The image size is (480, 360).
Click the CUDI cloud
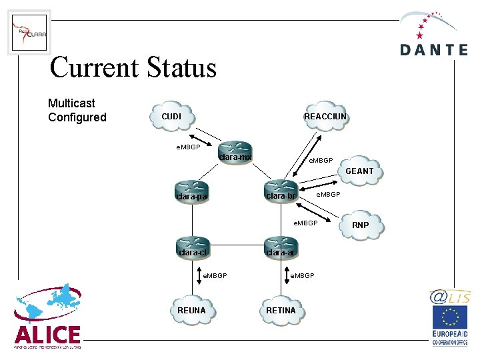[x=172, y=117]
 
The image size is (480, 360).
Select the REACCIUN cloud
[x=325, y=117]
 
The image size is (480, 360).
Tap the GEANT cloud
[x=360, y=171]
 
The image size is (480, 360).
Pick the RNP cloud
[x=360, y=225]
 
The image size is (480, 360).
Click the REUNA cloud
[x=192, y=311]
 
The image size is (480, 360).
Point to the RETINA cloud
[x=281, y=311]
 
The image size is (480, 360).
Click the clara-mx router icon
[x=235, y=151]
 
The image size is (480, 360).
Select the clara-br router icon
[x=281, y=189]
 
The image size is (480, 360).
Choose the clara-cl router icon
[x=193, y=246]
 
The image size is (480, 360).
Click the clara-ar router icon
[x=281, y=246]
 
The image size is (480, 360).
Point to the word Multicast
[x=71, y=103]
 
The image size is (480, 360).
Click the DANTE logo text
[x=434, y=49]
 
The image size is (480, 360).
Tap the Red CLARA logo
[x=29, y=32]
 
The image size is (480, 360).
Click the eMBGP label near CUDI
[x=188, y=147]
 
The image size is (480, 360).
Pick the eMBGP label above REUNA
[x=215, y=275]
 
